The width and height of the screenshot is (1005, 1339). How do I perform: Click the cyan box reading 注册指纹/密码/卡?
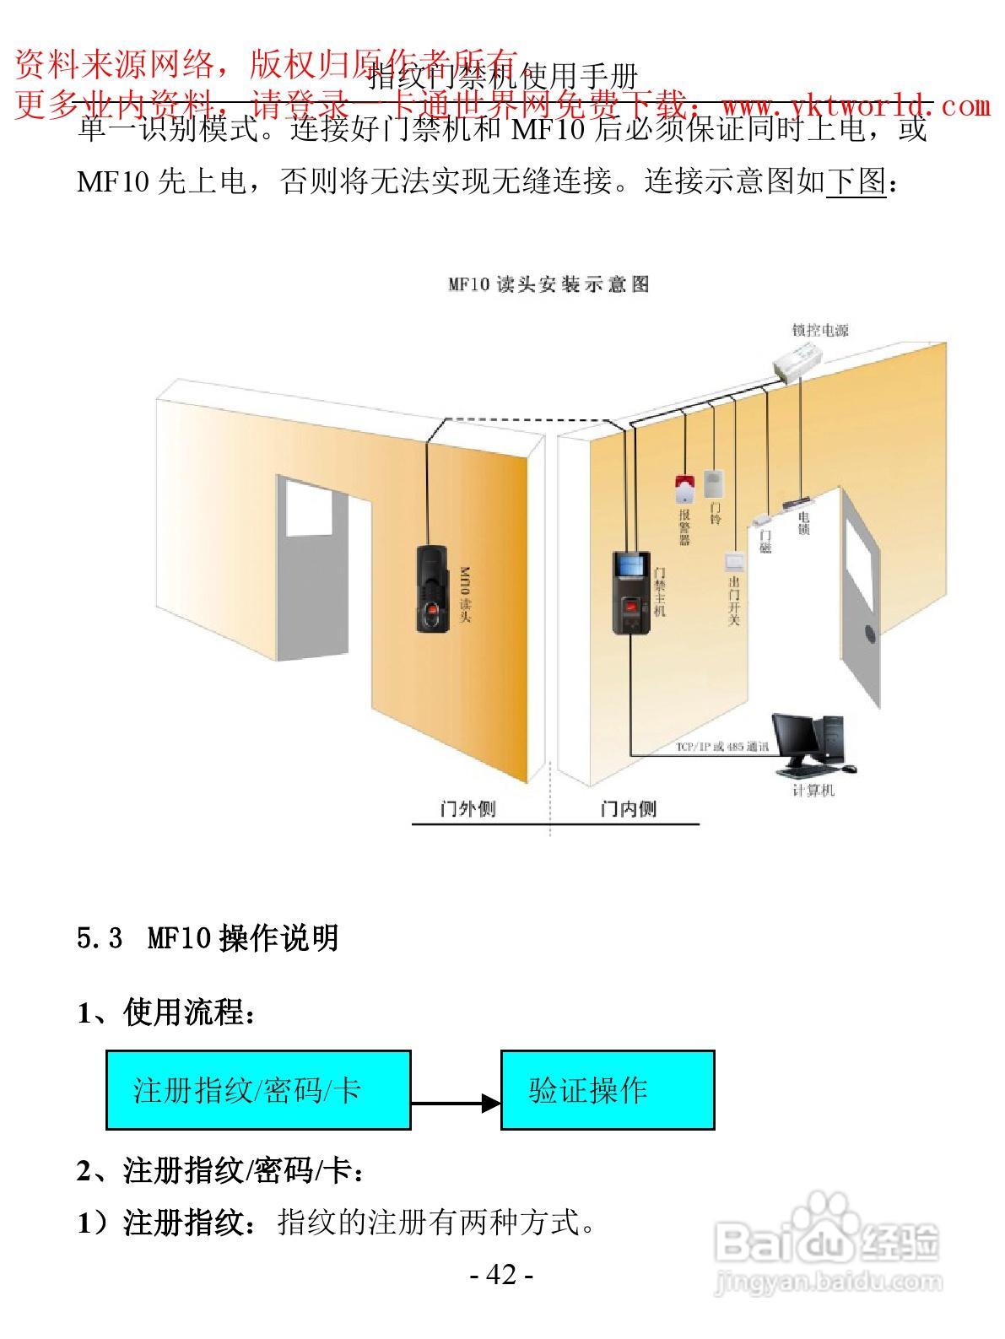[258, 1090]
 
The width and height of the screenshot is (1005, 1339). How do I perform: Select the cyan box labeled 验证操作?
[608, 1090]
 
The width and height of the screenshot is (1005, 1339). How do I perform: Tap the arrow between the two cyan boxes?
[456, 1102]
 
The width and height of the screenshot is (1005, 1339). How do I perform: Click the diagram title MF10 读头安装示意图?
[548, 284]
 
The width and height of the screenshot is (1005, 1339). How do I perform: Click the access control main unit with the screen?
[630, 591]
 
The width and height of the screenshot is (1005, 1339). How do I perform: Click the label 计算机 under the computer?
[813, 791]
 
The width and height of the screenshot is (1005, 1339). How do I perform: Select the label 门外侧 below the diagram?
[468, 809]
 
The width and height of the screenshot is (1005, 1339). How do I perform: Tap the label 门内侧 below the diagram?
[628, 809]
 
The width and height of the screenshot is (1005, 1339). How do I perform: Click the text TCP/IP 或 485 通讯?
[722, 748]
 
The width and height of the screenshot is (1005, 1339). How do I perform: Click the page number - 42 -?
[502, 1275]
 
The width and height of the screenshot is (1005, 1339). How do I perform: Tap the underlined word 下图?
[856, 181]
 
